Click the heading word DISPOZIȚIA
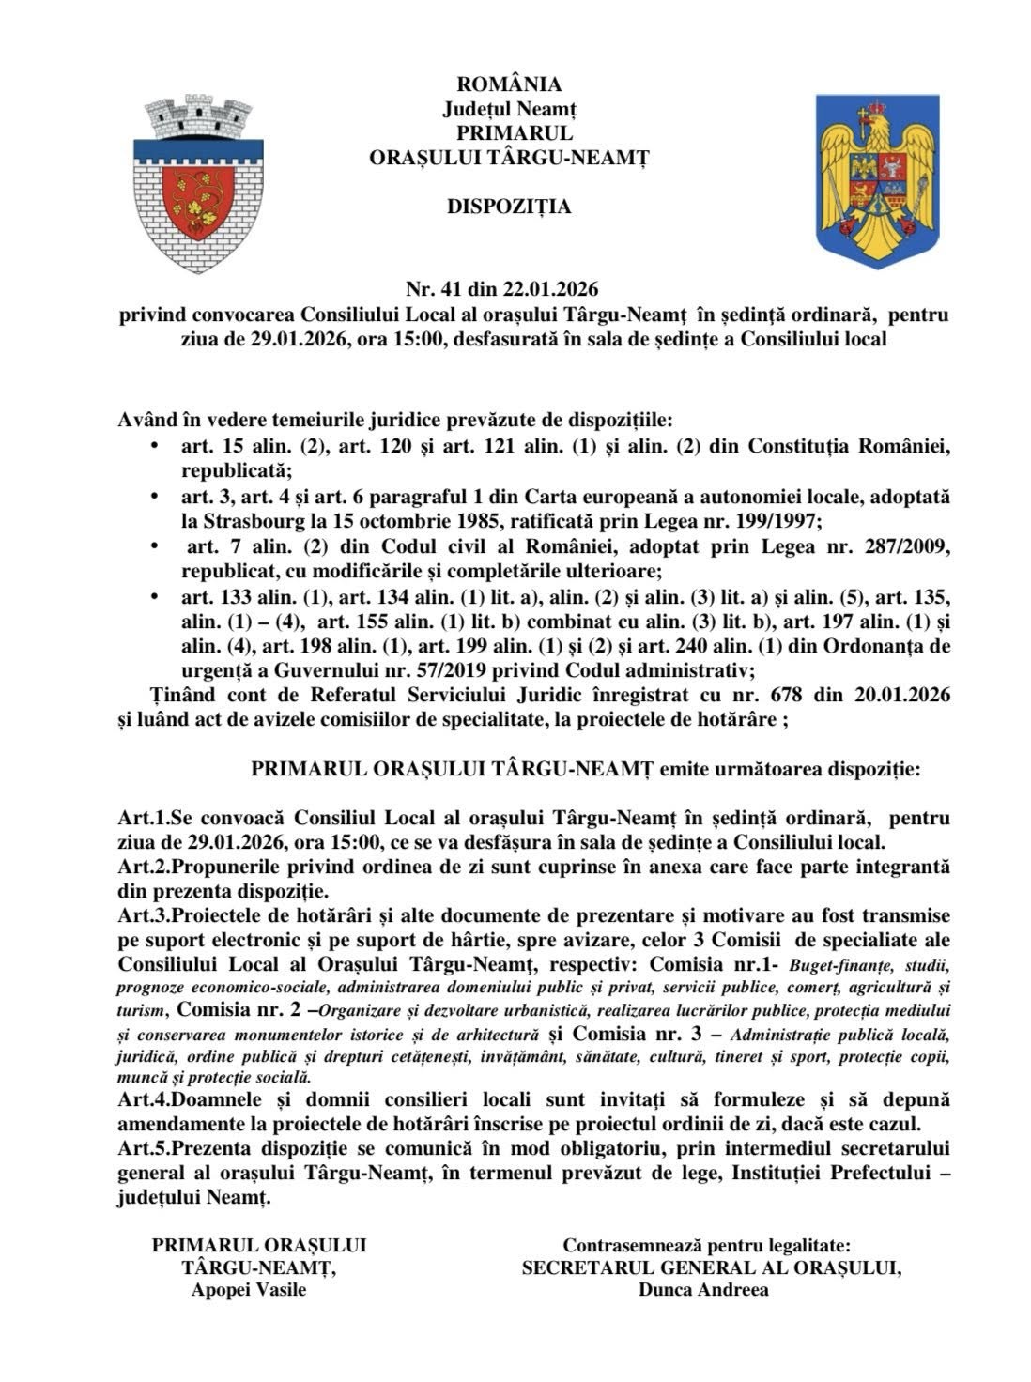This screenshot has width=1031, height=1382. (x=509, y=207)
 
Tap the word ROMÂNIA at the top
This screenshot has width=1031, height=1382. (x=509, y=85)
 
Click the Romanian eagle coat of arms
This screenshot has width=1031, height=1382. (x=877, y=180)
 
